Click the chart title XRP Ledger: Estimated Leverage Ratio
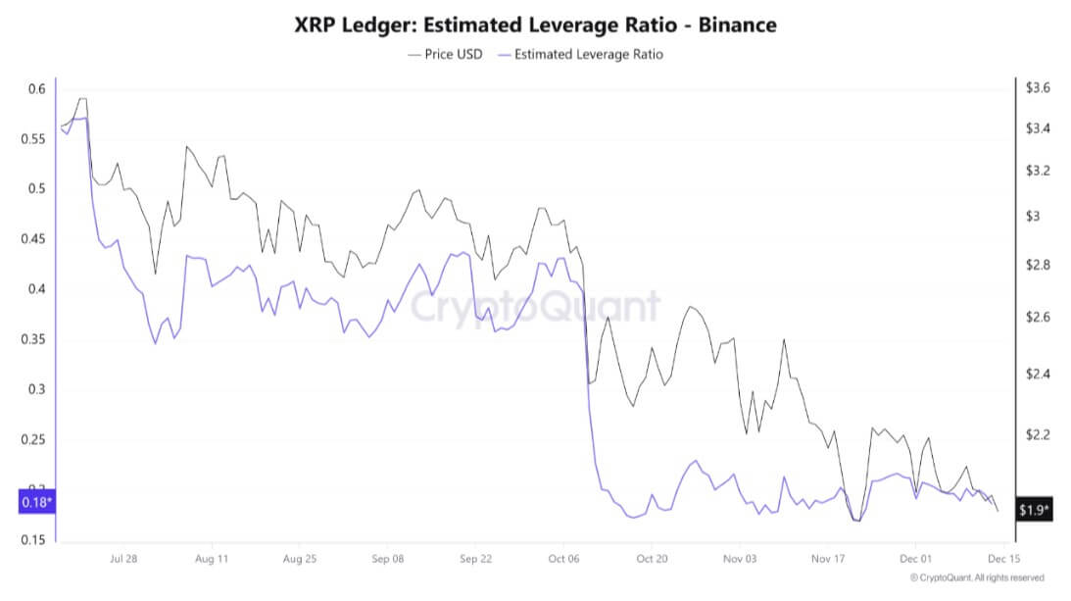(535, 25)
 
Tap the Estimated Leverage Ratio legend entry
(581, 55)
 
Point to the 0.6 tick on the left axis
(36, 89)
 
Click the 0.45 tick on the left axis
(32, 239)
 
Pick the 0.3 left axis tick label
(36, 389)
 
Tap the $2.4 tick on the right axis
(1038, 375)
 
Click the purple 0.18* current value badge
(37, 503)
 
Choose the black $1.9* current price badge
(1034, 510)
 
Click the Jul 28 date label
(123, 560)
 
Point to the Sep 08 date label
(387, 560)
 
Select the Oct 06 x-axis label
(563, 560)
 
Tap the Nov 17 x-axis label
(827, 560)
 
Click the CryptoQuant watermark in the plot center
(535, 306)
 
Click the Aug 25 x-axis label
(299, 560)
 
